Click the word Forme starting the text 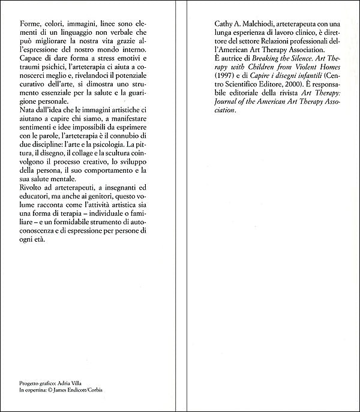click(28, 25)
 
